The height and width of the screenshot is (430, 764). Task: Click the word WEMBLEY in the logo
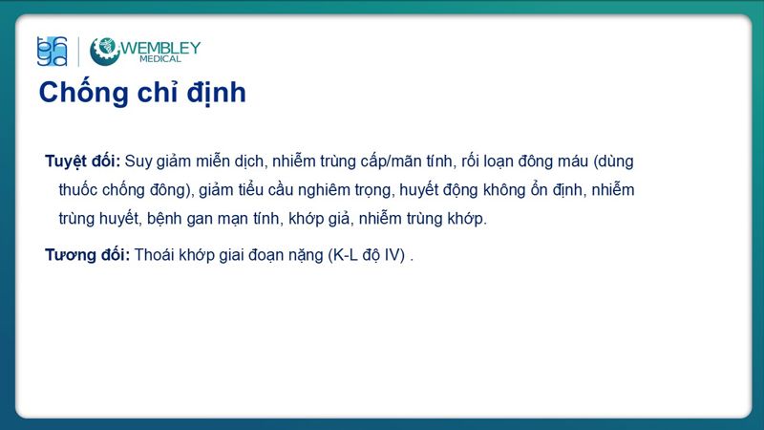159,47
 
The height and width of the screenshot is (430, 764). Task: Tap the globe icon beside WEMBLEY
104,51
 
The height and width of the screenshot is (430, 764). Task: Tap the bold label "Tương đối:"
87,255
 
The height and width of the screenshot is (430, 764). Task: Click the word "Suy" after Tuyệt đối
139,161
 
